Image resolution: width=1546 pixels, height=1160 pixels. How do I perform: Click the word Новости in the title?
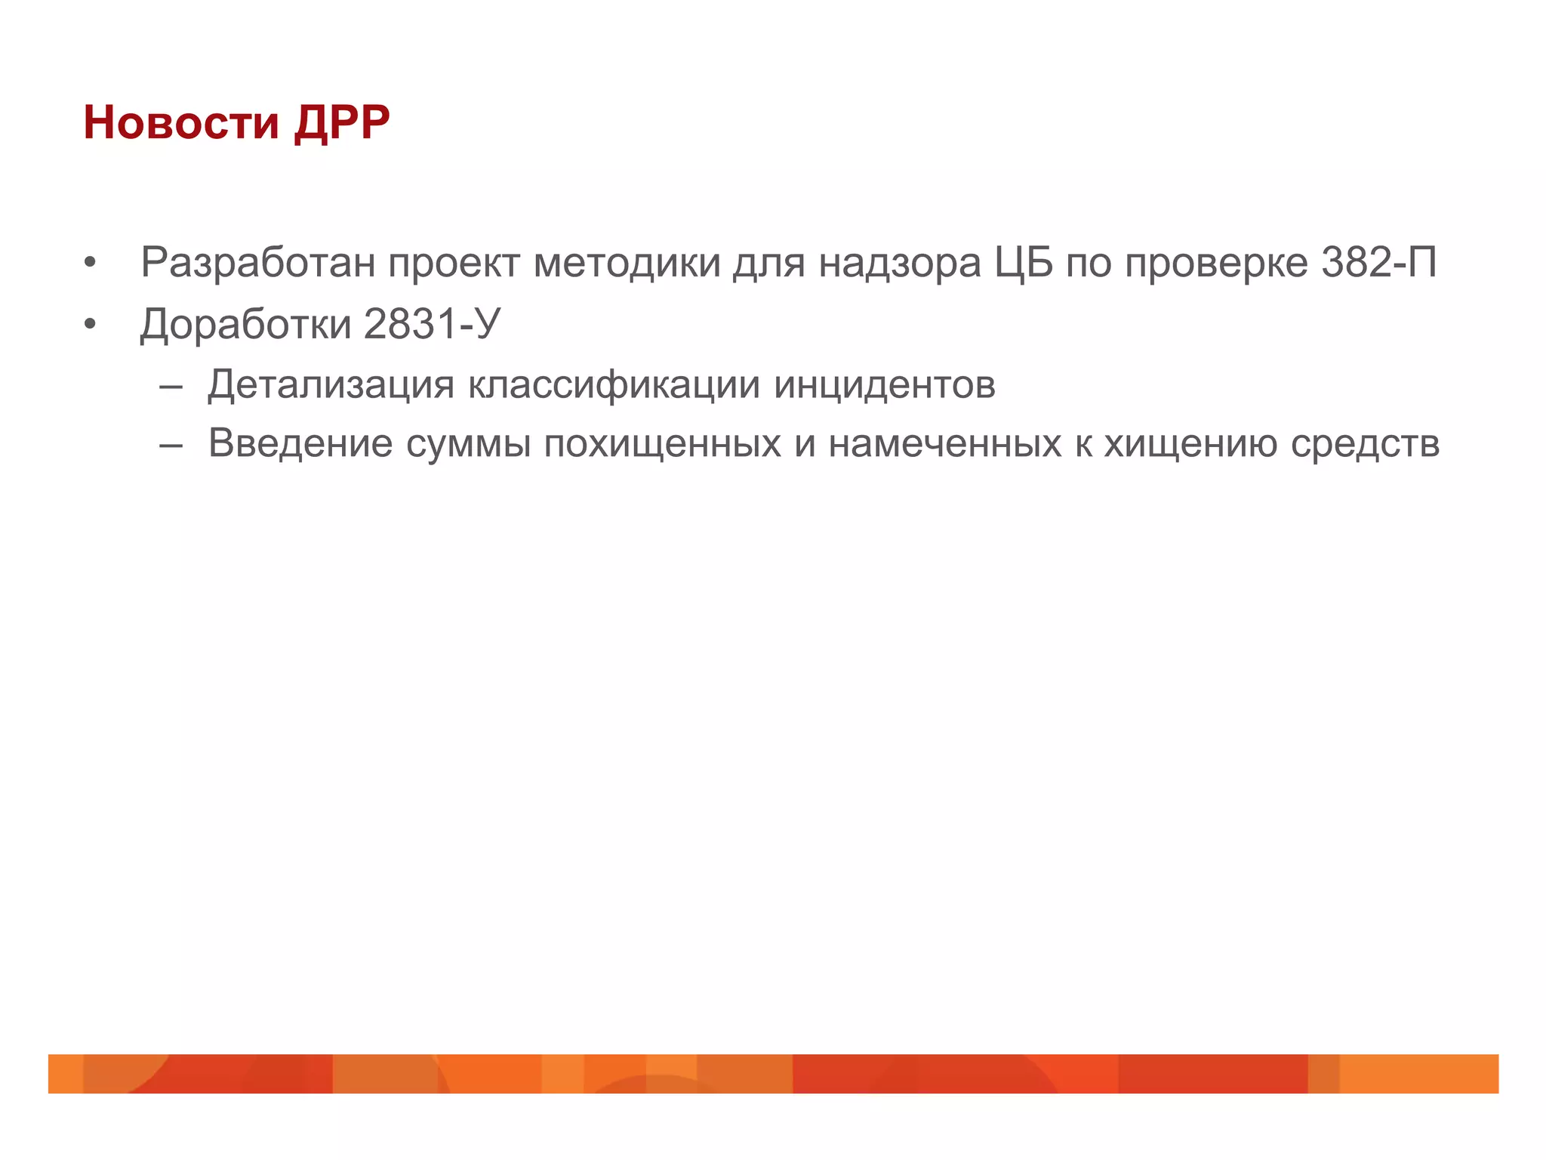point(181,122)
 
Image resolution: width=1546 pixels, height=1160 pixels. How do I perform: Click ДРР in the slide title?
point(342,122)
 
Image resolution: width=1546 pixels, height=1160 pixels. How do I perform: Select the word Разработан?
point(258,263)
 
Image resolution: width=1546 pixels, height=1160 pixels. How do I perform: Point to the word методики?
point(627,263)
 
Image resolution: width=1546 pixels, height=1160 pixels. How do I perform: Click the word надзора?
point(900,263)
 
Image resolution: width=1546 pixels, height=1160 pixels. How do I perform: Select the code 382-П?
point(1379,263)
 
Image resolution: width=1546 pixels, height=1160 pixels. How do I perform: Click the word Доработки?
point(246,325)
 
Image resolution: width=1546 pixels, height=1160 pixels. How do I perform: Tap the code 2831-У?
point(433,325)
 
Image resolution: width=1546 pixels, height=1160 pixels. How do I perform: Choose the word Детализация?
point(331,385)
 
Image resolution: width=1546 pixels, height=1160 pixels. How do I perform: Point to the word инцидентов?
point(885,385)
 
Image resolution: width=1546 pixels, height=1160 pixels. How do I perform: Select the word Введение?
point(300,443)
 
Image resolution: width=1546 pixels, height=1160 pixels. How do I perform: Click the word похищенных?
point(662,444)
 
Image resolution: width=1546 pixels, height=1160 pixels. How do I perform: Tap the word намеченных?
point(945,444)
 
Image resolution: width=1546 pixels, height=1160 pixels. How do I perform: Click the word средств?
point(1365,444)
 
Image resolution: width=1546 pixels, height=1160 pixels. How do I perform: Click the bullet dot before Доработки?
point(91,325)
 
